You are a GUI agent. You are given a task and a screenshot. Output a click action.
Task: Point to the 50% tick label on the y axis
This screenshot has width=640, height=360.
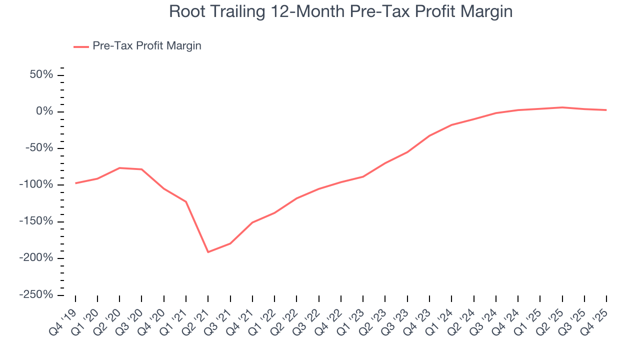click(41, 75)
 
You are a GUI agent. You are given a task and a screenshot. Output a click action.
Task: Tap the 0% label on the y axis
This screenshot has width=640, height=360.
click(45, 111)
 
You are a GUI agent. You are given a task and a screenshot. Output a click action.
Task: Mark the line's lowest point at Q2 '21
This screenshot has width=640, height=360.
click(208, 252)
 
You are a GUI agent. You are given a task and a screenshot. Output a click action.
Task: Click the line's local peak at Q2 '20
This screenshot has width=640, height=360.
click(119, 168)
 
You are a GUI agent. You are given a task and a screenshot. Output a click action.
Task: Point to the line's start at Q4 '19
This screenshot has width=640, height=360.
click(75, 183)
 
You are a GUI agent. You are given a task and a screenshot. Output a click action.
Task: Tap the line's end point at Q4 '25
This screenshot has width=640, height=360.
click(606, 110)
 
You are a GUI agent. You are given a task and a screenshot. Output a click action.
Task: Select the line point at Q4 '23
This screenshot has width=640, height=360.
click(429, 135)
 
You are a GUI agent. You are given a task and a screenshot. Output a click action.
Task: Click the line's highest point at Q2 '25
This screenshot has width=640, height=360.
click(562, 107)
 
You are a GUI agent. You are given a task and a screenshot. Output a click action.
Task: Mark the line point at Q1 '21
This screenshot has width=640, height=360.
click(186, 201)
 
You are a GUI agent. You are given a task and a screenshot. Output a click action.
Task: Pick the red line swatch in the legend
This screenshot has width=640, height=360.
click(81, 46)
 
